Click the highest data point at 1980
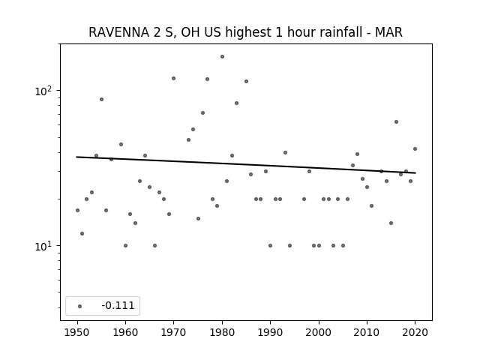click(x=222, y=57)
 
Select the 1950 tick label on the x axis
click(x=77, y=332)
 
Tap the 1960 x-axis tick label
click(x=125, y=332)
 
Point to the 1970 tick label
click(x=173, y=332)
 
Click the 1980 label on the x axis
click(x=222, y=332)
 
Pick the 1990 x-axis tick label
click(x=270, y=332)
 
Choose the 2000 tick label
click(x=319, y=332)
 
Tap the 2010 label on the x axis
click(x=367, y=332)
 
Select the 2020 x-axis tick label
click(x=415, y=332)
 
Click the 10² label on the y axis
click(x=45, y=91)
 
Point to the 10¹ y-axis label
click(x=45, y=245)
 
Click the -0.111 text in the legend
click(x=118, y=305)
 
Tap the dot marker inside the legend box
click(x=80, y=306)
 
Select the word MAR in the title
click(x=388, y=32)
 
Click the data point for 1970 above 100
click(x=173, y=78)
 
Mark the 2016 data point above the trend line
click(x=396, y=121)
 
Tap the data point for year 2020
click(x=415, y=148)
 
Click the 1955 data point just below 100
click(x=102, y=99)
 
